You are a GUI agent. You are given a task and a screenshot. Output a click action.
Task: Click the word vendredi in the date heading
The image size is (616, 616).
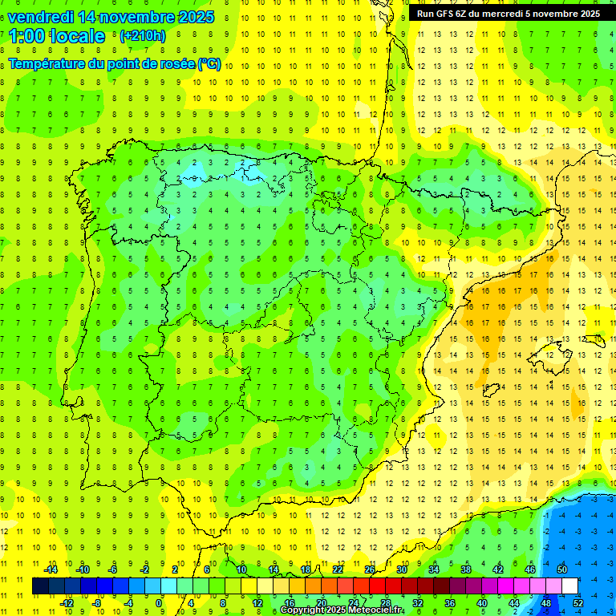(40, 17)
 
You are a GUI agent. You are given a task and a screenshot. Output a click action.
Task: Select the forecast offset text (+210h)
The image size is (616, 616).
(142, 36)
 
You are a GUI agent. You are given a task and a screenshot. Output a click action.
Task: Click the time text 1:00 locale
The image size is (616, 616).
(57, 36)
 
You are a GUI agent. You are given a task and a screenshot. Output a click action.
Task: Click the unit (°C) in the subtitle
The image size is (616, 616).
(209, 64)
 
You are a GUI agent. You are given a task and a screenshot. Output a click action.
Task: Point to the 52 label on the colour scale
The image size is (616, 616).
(578, 602)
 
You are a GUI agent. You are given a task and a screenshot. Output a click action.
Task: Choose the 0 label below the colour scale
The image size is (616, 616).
(159, 602)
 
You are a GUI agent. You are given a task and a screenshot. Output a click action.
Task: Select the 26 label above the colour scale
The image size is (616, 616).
(370, 569)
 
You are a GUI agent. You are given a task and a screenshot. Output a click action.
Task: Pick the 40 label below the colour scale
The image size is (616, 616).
(482, 602)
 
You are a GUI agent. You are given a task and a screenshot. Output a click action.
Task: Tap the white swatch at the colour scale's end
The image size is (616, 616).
(569, 586)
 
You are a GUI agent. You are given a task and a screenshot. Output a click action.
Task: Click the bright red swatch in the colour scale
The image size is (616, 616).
(378, 586)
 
